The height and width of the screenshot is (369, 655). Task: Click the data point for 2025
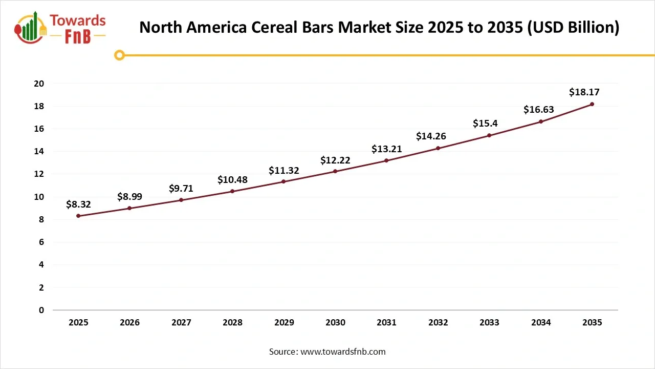[x=78, y=216]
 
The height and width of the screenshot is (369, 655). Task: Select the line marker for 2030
[x=335, y=171]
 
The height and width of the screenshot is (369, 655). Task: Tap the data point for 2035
[x=592, y=104]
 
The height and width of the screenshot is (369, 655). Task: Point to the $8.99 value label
[x=129, y=196]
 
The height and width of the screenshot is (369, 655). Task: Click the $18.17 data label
[x=584, y=92]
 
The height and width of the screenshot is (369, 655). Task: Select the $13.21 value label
[x=386, y=149]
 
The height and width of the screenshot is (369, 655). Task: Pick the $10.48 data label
[x=232, y=179]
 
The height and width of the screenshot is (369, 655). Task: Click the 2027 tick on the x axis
[x=181, y=322]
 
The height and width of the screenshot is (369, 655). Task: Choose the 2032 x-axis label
[x=438, y=322]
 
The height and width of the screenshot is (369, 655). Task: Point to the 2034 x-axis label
[x=541, y=322]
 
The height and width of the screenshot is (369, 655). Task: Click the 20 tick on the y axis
[x=39, y=84]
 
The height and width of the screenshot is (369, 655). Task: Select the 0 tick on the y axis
[x=41, y=310]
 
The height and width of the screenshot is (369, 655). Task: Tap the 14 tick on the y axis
[x=39, y=152]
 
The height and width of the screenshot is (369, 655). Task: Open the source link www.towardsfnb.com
[x=342, y=352]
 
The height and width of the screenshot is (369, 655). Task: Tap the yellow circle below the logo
[x=119, y=55]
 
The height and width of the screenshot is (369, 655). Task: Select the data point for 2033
[x=489, y=135]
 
